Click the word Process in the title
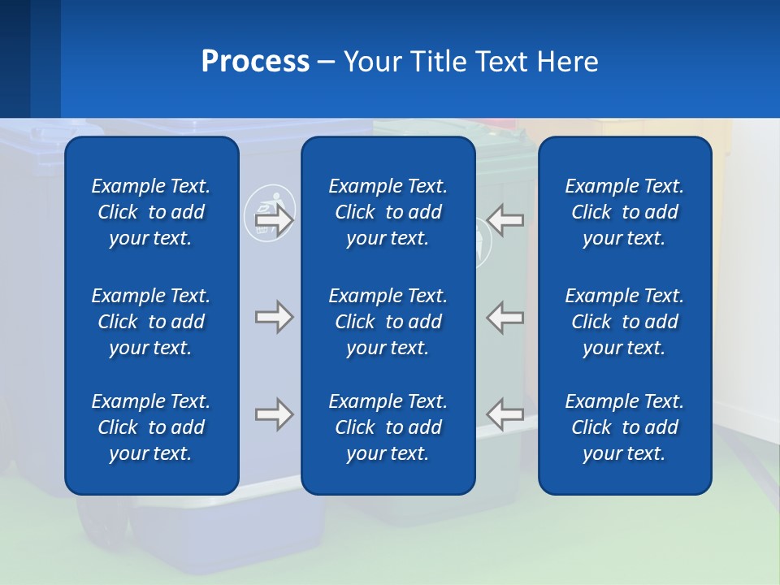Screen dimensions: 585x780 (x=255, y=62)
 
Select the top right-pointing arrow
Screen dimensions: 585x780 (x=275, y=220)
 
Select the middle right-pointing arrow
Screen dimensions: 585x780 (x=275, y=317)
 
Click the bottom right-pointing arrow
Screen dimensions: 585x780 (x=275, y=414)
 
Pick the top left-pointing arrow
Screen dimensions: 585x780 (x=505, y=220)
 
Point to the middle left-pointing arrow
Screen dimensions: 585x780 (x=505, y=317)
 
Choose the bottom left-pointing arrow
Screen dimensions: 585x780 (x=505, y=414)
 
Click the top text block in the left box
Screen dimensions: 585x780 (x=151, y=212)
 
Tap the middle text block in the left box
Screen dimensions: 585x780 (x=151, y=322)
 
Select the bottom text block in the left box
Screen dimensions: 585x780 (x=151, y=427)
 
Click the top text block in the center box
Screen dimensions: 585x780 (x=388, y=212)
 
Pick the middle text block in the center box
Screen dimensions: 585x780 (x=388, y=322)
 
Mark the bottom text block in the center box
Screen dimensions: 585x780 (x=388, y=427)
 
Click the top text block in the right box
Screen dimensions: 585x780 (x=624, y=212)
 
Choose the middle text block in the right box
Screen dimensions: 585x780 (x=624, y=322)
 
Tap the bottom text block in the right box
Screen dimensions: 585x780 (x=624, y=427)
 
